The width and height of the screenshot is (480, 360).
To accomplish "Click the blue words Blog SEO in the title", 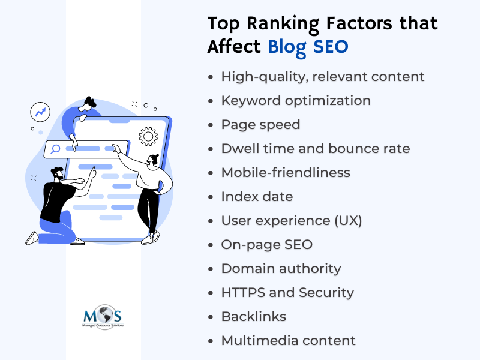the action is [308, 47].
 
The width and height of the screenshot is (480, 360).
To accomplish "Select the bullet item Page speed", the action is [260, 125].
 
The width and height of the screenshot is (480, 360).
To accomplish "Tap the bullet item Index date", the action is [257, 197].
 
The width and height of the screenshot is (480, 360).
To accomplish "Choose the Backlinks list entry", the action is [254, 317].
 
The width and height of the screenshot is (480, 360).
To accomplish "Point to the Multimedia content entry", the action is [289, 340].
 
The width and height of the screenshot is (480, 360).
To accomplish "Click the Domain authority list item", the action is [281, 269].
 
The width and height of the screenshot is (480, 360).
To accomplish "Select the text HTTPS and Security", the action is [287, 293].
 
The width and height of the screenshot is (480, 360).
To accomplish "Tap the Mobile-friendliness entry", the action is [286, 173].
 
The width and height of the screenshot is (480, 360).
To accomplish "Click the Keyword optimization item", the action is [296, 101].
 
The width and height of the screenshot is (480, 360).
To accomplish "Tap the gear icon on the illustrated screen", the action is [148, 136].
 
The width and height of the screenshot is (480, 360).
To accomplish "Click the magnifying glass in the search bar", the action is [55, 149].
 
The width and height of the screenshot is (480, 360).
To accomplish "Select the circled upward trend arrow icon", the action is [40, 112].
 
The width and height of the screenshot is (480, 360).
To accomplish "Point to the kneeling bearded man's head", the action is [58, 173].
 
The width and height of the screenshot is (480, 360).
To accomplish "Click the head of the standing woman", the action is [153, 160].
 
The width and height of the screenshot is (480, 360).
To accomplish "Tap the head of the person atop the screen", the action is [88, 104].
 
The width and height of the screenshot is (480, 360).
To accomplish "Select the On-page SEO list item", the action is [266, 245].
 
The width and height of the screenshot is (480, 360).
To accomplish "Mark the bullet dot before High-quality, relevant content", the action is [211, 77].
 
